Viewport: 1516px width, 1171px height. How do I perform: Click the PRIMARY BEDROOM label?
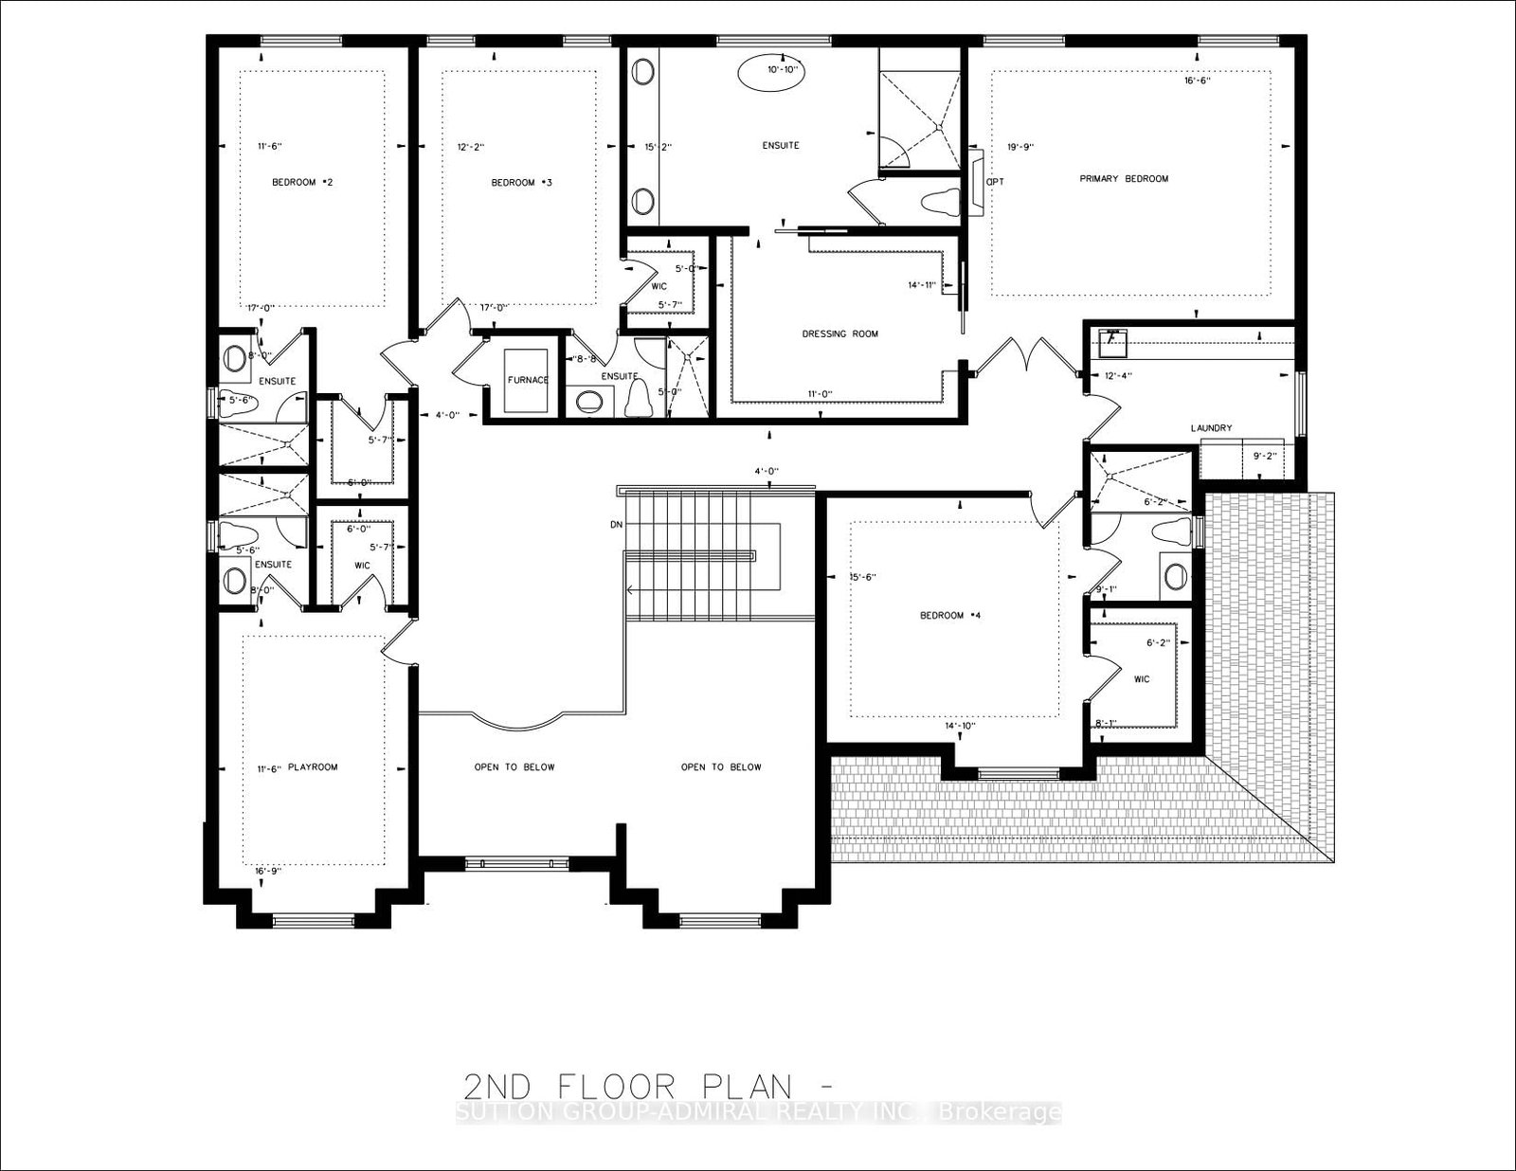(x=1124, y=178)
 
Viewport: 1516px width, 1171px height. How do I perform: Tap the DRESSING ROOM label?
(x=839, y=333)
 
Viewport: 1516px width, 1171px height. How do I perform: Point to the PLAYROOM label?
(x=313, y=767)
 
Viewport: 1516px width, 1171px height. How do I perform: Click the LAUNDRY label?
(x=1211, y=428)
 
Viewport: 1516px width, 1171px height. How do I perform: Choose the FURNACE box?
(x=527, y=379)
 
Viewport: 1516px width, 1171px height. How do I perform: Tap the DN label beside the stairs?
(x=616, y=524)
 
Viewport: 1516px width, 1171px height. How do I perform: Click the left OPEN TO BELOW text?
(x=514, y=767)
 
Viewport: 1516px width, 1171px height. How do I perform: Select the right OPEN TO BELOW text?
(x=720, y=767)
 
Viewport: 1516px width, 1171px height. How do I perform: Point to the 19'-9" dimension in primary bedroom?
(x=1020, y=147)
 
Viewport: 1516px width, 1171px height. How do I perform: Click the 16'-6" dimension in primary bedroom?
(x=1198, y=81)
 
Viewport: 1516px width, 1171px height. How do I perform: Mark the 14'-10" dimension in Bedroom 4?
(x=959, y=727)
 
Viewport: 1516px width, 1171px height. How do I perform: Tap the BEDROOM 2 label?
(x=302, y=182)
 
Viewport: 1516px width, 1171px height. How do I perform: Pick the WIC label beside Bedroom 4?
(x=1141, y=679)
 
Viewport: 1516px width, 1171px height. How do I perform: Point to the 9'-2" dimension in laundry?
(x=1265, y=456)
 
